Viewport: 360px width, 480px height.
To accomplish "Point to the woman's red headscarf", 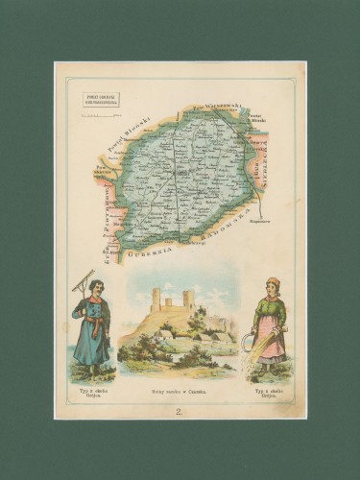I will click(x=273, y=282).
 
